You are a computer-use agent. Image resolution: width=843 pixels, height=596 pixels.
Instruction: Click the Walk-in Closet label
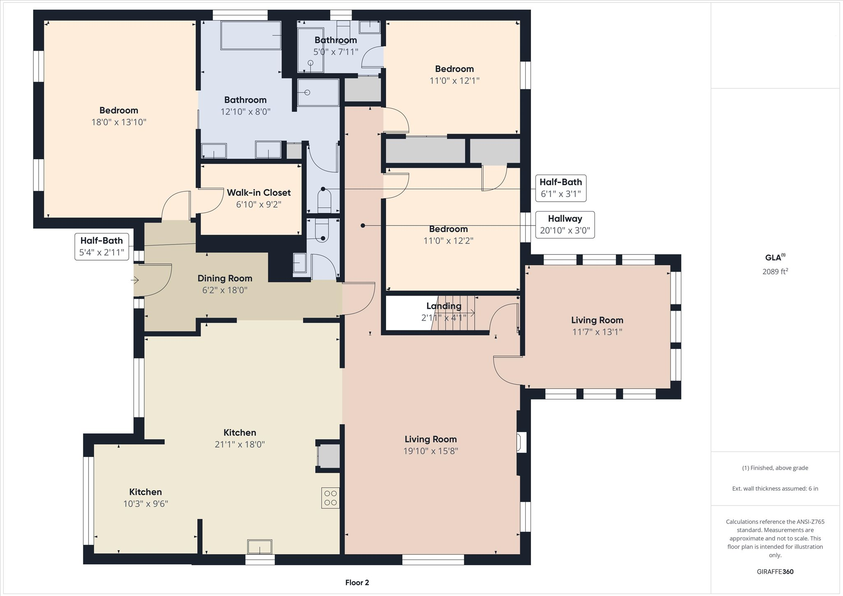point(259,193)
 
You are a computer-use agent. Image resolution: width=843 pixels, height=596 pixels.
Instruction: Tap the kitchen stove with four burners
point(331,498)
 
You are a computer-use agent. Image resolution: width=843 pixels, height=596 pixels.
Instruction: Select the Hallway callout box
point(565,224)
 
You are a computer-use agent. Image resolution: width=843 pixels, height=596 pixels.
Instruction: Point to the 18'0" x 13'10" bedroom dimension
point(119,122)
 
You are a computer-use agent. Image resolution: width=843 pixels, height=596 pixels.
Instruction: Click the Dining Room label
point(225,278)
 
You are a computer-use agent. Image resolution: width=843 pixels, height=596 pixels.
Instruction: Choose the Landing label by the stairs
point(444,306)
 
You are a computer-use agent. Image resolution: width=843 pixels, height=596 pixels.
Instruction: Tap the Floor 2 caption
point(357,582)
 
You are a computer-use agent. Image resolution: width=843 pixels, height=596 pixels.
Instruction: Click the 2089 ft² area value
point(775,271)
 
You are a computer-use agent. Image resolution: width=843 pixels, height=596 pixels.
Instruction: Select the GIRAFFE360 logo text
point(775,572)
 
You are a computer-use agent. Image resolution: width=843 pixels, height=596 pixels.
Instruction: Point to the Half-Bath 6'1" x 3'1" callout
point(561,188)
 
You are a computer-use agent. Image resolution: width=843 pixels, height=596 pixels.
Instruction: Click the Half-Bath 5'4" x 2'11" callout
point(102,247)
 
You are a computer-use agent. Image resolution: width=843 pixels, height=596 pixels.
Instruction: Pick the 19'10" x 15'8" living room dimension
point(431,451)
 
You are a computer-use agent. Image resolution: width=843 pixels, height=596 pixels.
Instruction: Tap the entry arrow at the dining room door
point(135,280)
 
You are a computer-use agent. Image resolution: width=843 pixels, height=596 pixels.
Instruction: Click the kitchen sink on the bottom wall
point(259,547)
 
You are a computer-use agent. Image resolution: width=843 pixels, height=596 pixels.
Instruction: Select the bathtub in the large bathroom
point(251,35)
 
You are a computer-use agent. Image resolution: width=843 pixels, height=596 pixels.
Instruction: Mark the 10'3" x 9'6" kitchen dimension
point(146,504)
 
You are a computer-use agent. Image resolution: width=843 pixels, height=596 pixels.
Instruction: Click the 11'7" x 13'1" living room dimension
point(597,332)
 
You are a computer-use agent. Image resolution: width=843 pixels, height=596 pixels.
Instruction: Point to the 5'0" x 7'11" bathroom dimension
point(336,52)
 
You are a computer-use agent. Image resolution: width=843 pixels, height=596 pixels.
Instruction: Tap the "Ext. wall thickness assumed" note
point(775,489)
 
